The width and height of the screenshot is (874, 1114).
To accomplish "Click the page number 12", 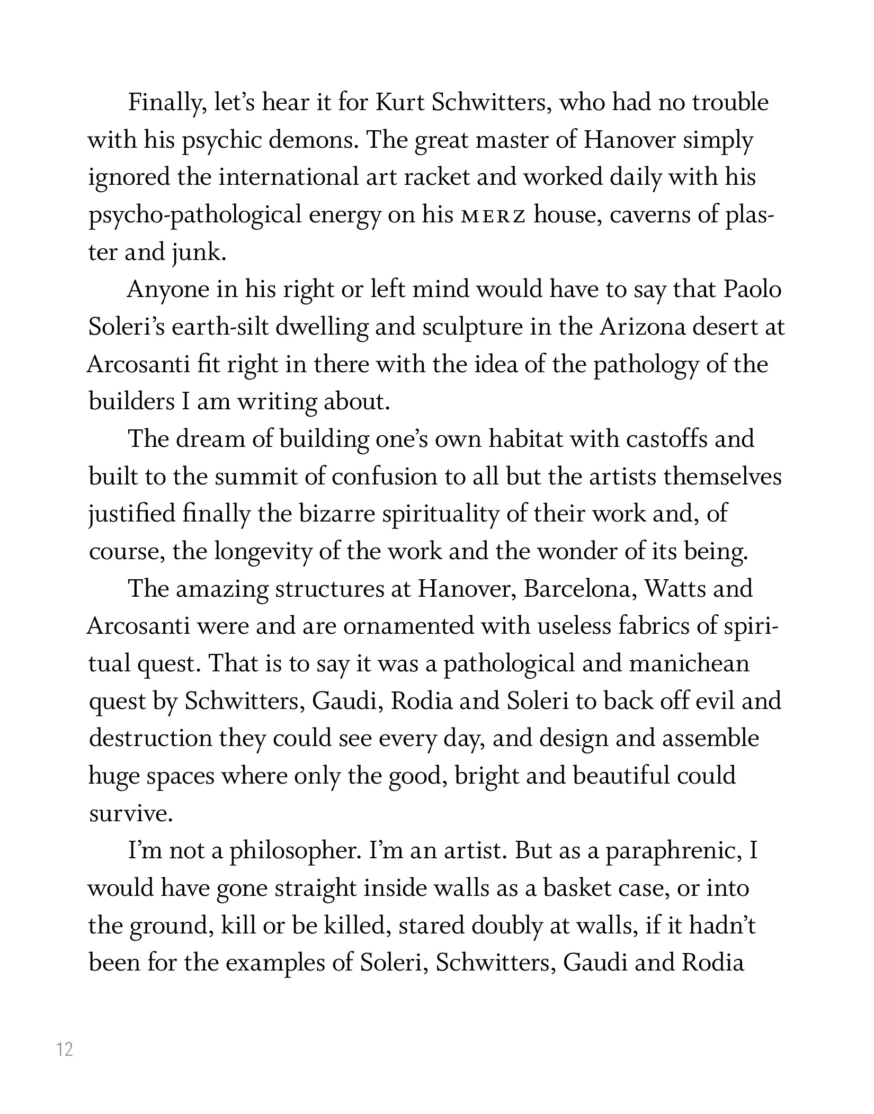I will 65,1048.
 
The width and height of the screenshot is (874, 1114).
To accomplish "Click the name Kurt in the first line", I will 399,103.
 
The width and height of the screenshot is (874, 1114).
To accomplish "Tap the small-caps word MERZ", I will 493,216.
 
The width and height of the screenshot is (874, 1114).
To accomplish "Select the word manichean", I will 689,664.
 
